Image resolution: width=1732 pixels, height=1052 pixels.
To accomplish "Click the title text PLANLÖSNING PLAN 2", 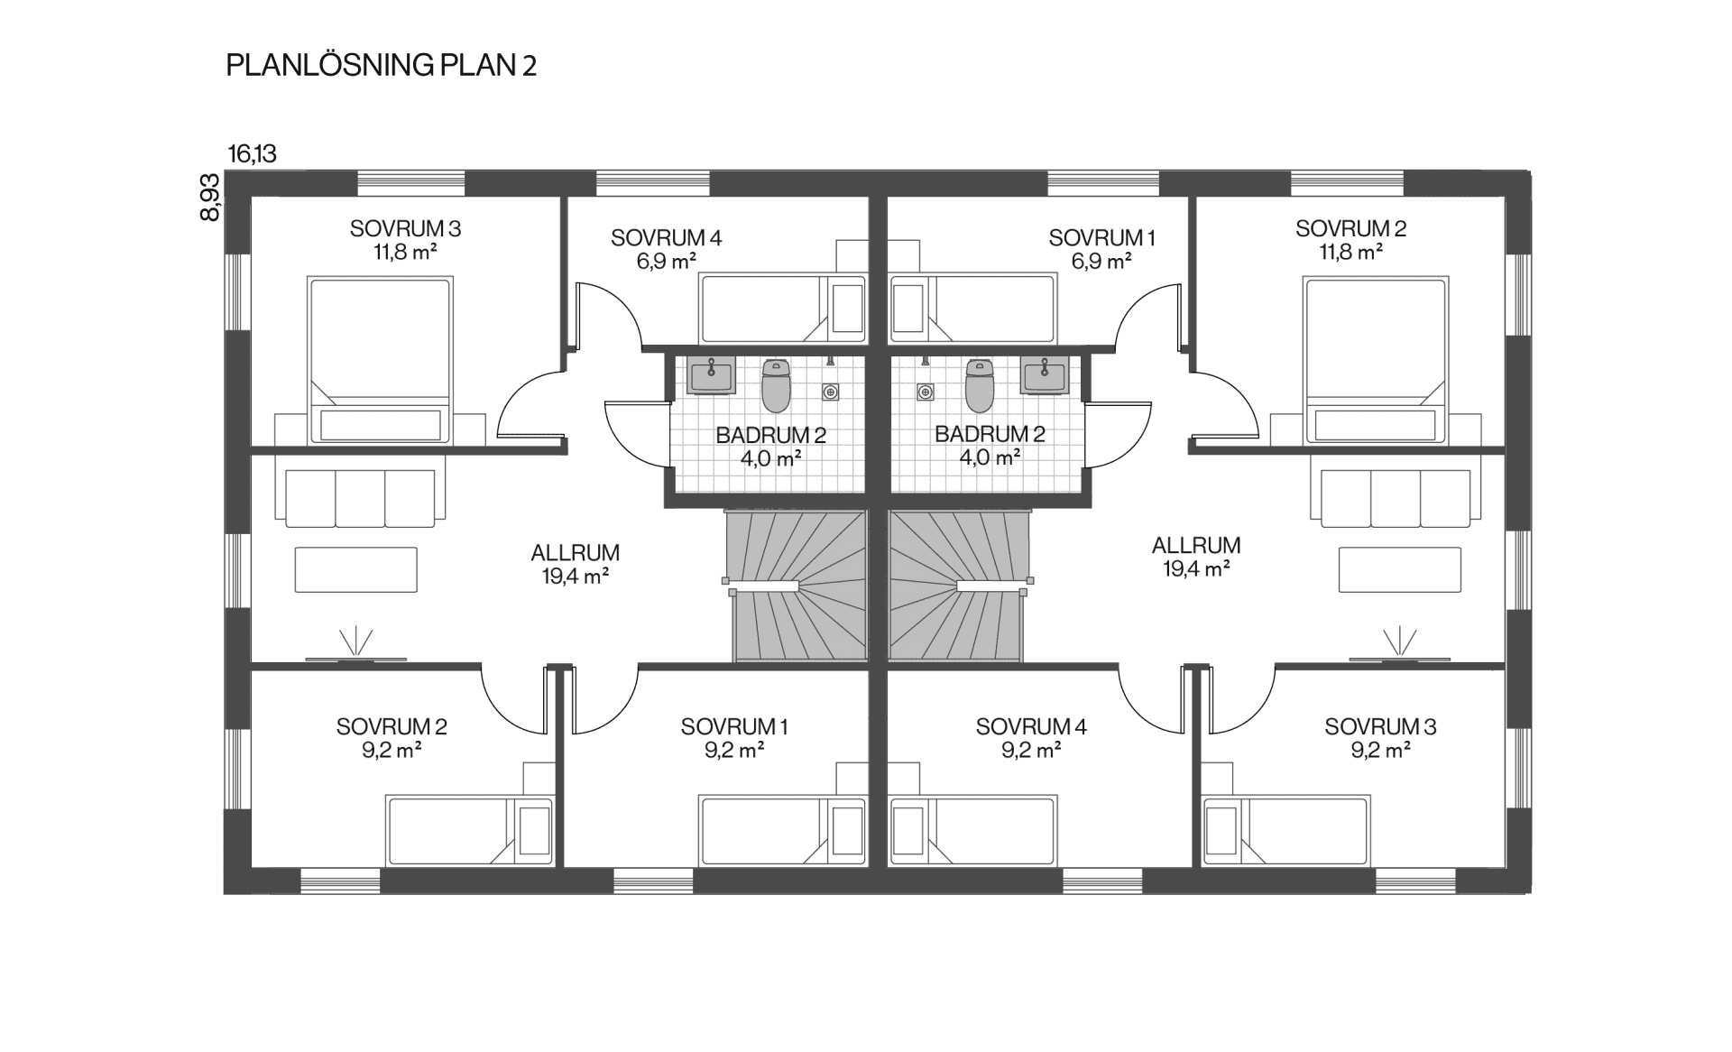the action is (x=381, y=66).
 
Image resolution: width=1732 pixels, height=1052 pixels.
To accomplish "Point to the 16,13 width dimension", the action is (x=252, y=154).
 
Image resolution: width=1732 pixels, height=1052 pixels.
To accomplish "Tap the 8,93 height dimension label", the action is (x=209, y=198).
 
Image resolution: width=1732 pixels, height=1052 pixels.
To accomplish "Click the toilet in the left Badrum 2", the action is (x=776, y=385).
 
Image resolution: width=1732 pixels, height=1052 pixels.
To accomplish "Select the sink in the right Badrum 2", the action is (x=1044, y=375).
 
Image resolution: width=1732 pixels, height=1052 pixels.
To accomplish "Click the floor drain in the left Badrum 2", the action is (x=831, y=392).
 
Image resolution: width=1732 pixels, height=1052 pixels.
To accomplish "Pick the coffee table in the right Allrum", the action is (x=1399, y=570).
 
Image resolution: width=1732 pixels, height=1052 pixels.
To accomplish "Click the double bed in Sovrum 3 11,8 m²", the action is (x=380, y=361).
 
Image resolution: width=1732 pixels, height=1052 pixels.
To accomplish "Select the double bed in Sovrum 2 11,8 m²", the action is (x=1375, y=361).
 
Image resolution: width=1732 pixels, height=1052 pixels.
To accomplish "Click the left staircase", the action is (x=796, y=586).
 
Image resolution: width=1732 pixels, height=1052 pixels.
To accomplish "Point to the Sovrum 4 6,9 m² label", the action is (x=667, y=250).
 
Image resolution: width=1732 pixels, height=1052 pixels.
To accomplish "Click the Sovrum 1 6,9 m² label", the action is (x=1101, y=250).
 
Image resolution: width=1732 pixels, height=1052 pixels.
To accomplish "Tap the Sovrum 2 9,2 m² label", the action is (x=392, y=738).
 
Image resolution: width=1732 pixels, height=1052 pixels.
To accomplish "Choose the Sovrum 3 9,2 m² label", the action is (x=1380, y=738).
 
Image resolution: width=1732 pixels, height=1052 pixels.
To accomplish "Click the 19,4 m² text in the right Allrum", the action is (x=1196, y=569).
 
